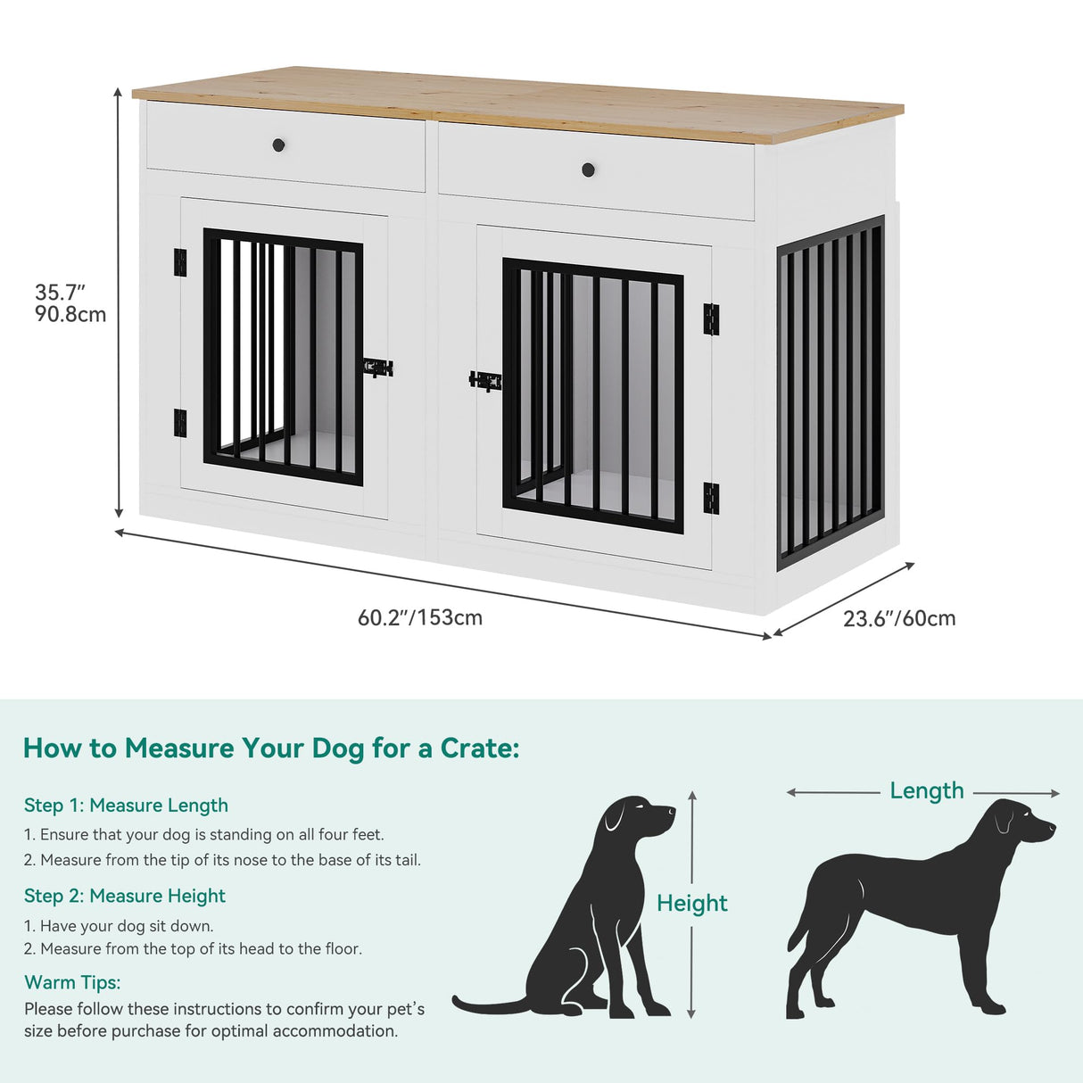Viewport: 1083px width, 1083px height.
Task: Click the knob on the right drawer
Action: [x=588, y=169]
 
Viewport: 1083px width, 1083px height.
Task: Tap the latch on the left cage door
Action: [x=378, y=368]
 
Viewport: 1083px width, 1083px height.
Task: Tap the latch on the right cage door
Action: [x=484, y=381]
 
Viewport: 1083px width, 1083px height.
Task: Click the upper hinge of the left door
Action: [x=180, y=262]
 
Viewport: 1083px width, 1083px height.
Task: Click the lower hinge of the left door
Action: [x=180, y=423]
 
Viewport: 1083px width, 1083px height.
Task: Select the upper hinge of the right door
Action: [x=711, y=319]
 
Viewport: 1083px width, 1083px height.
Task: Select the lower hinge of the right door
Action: [x=711, y=498]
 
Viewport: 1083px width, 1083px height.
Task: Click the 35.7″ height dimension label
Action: [x=60, y=293]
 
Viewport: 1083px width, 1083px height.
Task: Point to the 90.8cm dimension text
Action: [x=70, y=314]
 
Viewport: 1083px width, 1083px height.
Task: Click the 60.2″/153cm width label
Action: [x=419, y=617]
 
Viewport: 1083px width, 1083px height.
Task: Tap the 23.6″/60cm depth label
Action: [x=898, y=618]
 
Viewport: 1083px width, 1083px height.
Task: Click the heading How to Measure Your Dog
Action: [x=271, y=748]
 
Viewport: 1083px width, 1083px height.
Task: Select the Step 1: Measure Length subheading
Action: [x=126, y=806]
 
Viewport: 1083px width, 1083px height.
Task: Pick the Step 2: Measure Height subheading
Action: [x=125, y=896]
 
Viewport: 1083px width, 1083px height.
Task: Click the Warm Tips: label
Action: [x=72, y=982]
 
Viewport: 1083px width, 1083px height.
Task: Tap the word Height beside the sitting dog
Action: [x=691, y=904]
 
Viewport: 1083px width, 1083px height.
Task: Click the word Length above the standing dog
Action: [x=927, y=791]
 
